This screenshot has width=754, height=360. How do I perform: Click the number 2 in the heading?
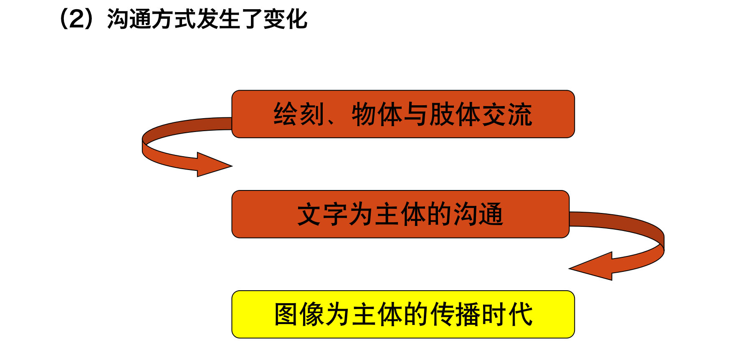click(x=78, y=20)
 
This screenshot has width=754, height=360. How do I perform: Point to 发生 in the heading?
click(x=218, y=20)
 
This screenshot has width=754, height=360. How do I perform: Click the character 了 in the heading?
click(x=251, y=20)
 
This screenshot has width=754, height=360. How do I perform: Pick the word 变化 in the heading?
click(x=285, y=20)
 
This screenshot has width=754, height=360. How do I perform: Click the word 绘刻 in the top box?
click(x=299, y=114)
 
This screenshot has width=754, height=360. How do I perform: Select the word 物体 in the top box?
click(x=377, y=114)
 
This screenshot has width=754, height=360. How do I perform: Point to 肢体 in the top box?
click(x=454, y=114)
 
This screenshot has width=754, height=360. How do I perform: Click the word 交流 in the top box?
click(x=506, y=114)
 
